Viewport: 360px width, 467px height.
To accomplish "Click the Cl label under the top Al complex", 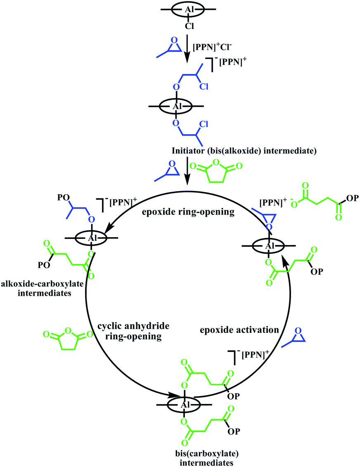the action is coord(189,26).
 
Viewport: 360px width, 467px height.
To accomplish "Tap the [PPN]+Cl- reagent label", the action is coord(212,47).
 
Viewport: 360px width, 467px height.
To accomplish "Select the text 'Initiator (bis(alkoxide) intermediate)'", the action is coord(244,151).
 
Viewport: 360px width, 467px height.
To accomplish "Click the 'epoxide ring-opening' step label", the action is coord(188,212).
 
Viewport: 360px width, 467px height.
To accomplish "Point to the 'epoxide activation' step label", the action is coord(239,330).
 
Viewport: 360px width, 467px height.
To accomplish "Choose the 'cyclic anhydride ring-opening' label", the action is coord(133,331).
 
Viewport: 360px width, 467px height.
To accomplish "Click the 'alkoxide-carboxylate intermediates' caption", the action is coord(43,288).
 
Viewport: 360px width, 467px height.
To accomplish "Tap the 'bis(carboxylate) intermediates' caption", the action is coord(207,458).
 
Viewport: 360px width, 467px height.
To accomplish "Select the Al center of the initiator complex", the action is coord(178,106).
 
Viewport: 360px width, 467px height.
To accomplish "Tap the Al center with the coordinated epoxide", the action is coord(270,246).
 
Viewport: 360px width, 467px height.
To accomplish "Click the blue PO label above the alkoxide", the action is coord(64,198).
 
